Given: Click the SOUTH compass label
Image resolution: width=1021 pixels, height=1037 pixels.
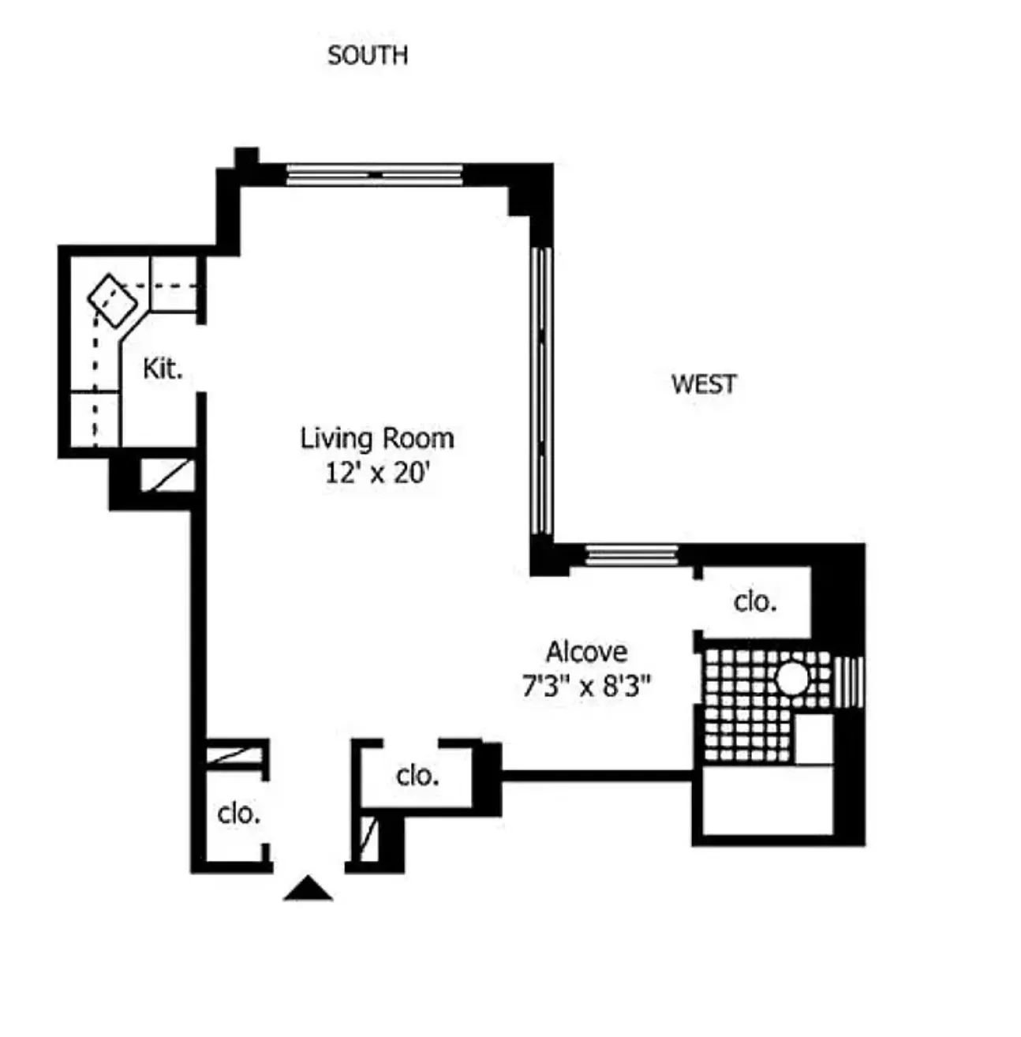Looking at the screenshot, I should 368,56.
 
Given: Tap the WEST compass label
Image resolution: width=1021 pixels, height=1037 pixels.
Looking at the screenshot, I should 704,384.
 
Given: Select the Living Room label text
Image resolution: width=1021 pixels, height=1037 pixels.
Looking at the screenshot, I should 377,438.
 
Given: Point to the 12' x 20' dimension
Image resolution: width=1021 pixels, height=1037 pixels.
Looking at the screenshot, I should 377,473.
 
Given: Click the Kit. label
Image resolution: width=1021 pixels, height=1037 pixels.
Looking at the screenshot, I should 163,368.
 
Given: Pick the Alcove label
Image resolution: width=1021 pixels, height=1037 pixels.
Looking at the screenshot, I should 587,652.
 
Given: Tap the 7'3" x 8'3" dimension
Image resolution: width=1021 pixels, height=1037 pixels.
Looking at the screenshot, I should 586,686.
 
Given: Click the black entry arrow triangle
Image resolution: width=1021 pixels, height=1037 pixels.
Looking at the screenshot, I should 308,889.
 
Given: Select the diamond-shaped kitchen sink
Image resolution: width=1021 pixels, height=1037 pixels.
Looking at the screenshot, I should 112,301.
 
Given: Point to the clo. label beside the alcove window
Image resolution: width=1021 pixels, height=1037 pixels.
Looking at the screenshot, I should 755,601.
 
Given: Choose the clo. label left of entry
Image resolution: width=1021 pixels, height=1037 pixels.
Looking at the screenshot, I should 238,813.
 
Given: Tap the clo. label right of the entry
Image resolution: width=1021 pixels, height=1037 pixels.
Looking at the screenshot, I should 417,776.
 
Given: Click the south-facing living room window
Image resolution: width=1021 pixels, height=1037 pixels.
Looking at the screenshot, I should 374,174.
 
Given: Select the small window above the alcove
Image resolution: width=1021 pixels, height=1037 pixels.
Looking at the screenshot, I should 632,555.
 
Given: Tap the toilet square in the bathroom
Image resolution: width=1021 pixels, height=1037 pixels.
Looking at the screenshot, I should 813,738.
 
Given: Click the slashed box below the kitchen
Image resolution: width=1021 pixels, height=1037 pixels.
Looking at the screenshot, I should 167,475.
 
